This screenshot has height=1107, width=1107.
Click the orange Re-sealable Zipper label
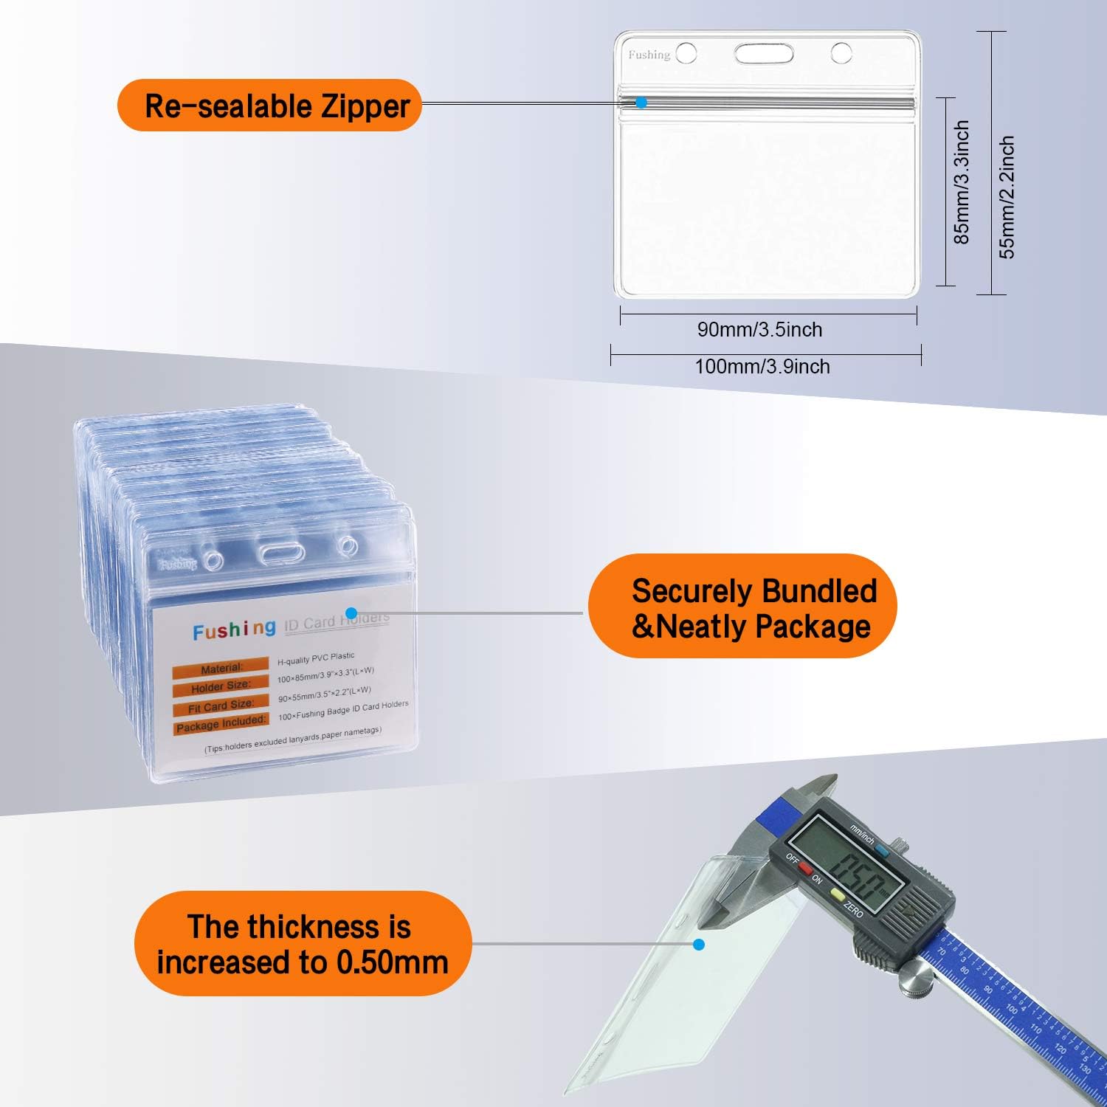(x=269, y=106)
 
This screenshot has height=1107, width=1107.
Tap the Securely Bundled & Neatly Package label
(x=742, y=607)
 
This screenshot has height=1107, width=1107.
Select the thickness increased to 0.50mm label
(x=303, y=944)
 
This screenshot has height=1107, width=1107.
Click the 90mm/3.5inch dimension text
(x=759, y=330)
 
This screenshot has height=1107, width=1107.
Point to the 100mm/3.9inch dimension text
(x=762, y=367)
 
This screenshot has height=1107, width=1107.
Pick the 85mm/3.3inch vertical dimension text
(x=961, y=182)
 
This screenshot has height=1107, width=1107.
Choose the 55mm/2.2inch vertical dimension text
(x=1007, y=197)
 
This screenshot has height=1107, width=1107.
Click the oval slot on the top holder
(x=763, y=53)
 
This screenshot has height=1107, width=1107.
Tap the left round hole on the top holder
(x=686, y=53)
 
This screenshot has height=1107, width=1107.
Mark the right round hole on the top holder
(x=841, y=53)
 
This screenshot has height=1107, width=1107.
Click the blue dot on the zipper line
(x=641, y=103)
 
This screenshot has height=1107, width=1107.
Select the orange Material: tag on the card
(x=221, y=668)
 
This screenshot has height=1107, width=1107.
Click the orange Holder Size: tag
(x=221, y=687)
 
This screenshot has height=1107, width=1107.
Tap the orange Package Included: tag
(x=221, y=724)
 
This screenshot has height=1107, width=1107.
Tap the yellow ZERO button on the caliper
(x=838, y=894)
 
